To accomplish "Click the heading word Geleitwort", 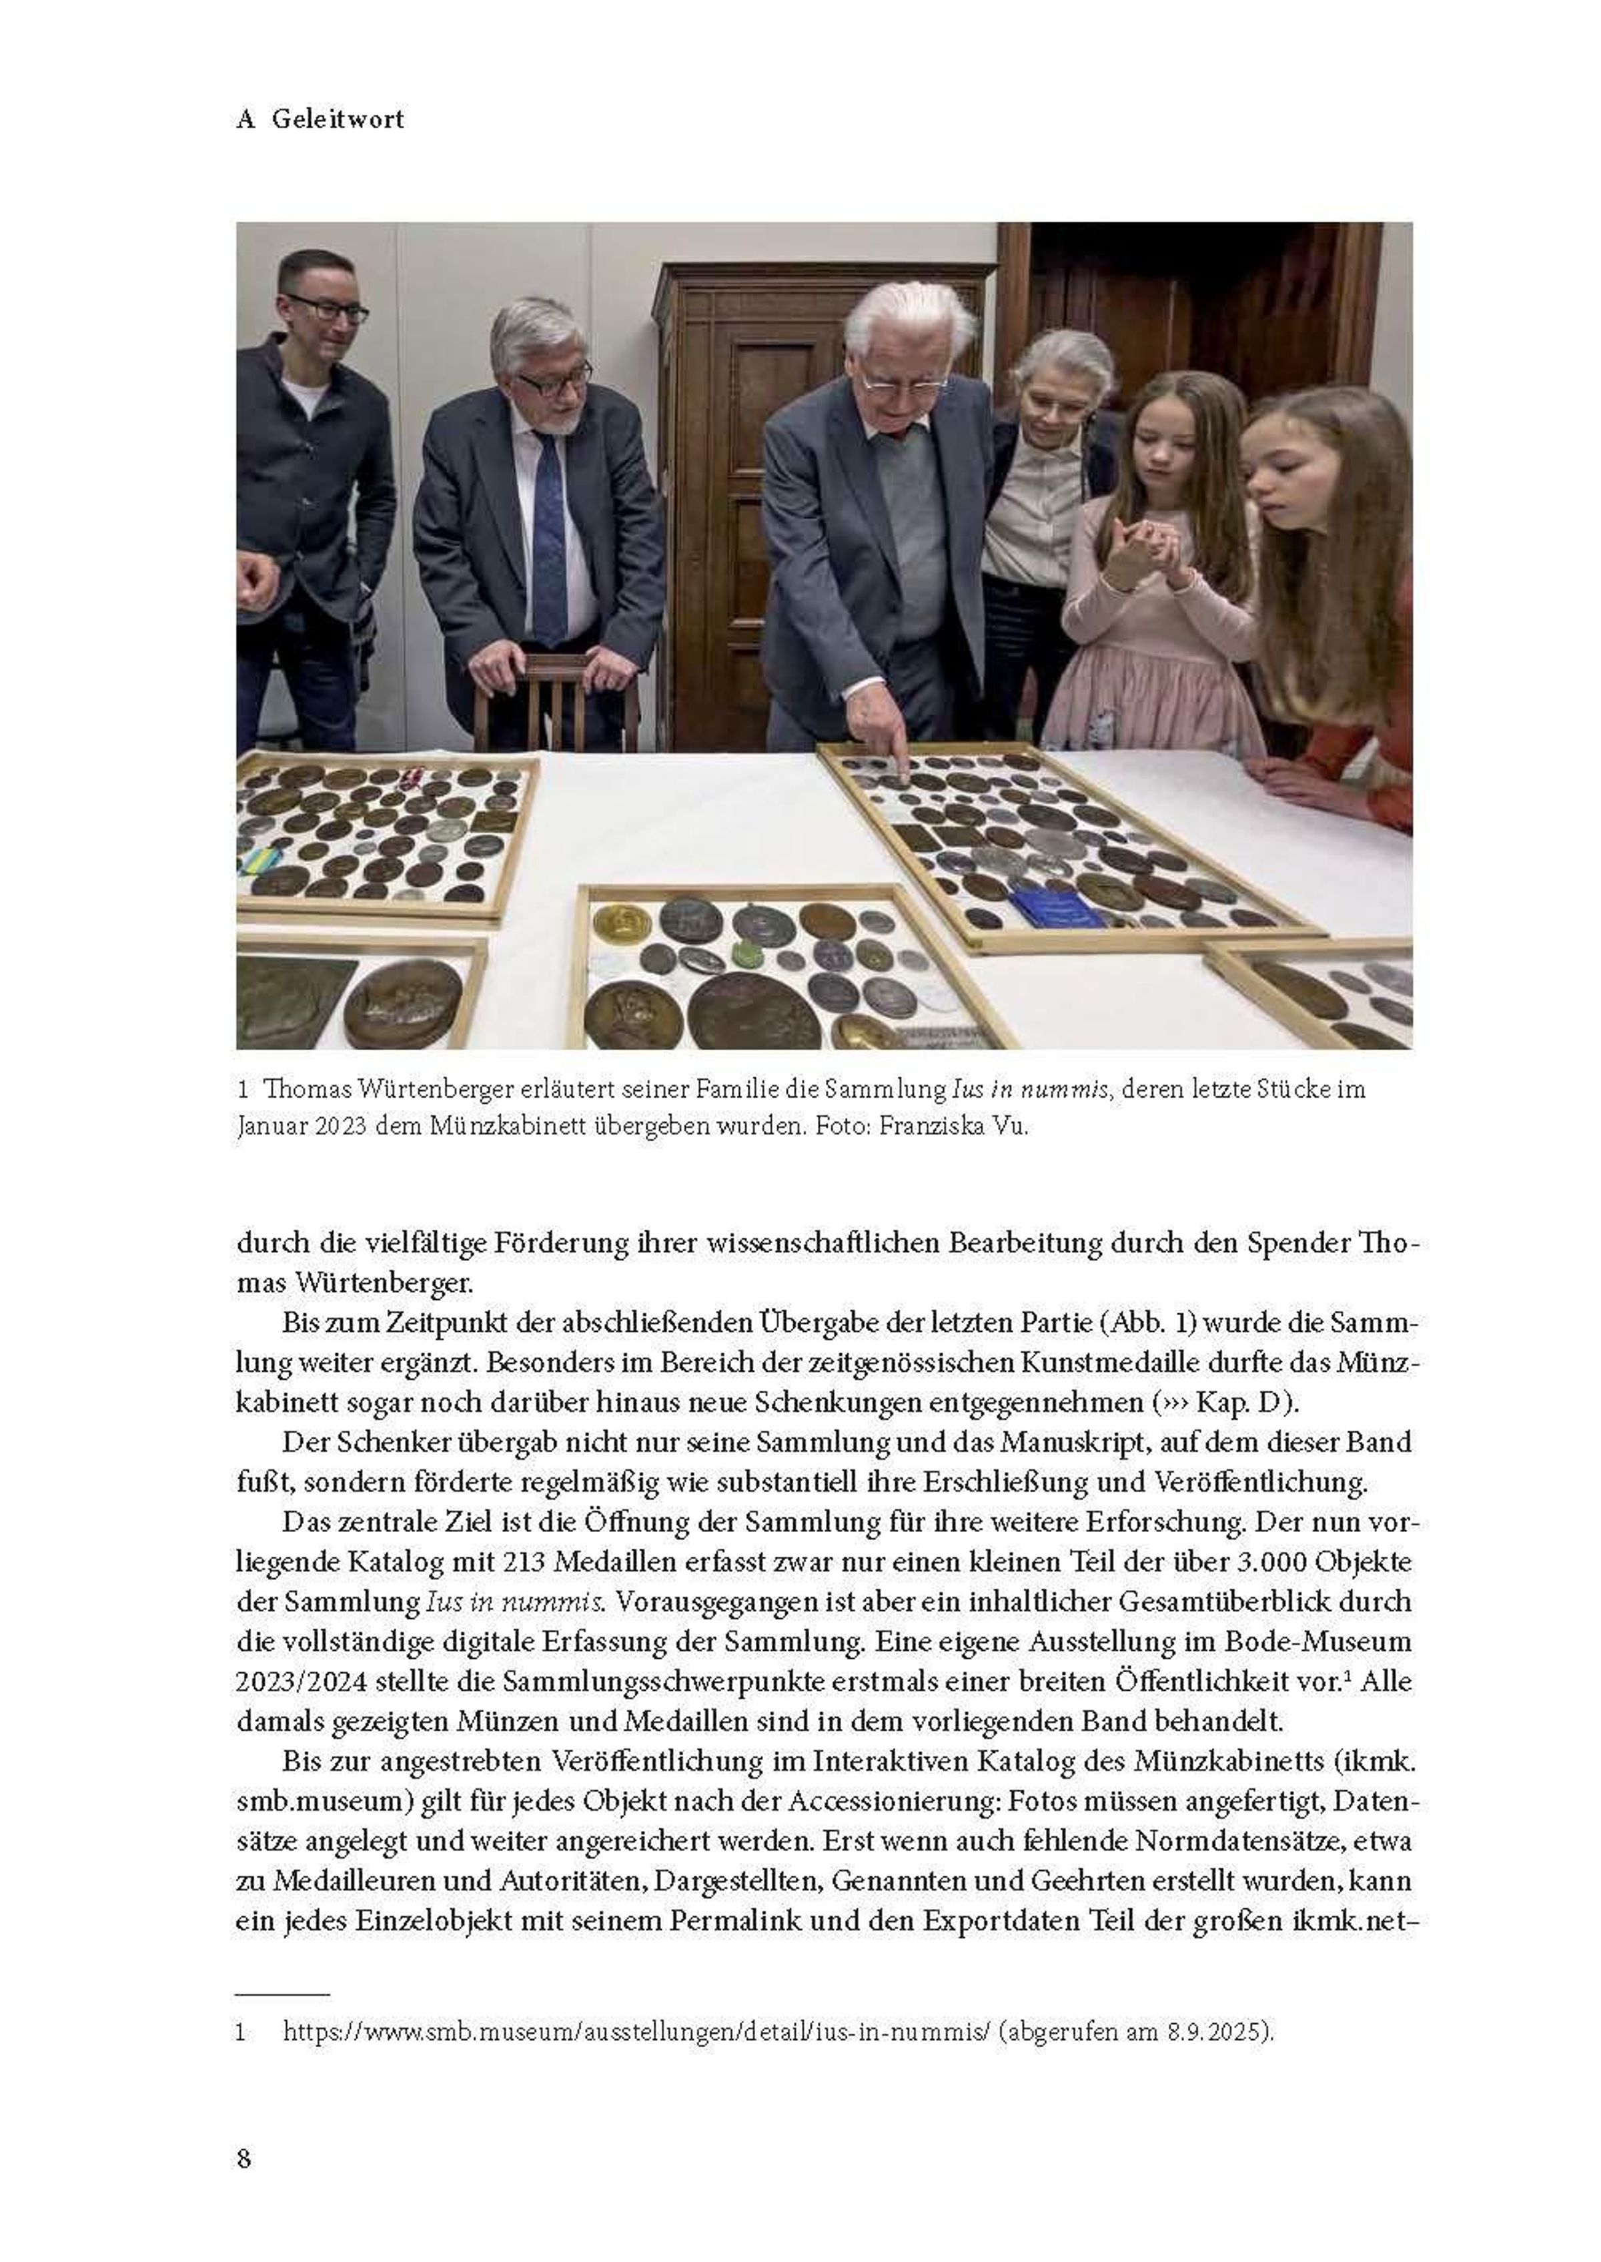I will [338, 119].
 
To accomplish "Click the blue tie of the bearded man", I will [549, 532].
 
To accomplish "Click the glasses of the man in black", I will [326, 310].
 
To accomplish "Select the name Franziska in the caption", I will [922, 1127].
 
